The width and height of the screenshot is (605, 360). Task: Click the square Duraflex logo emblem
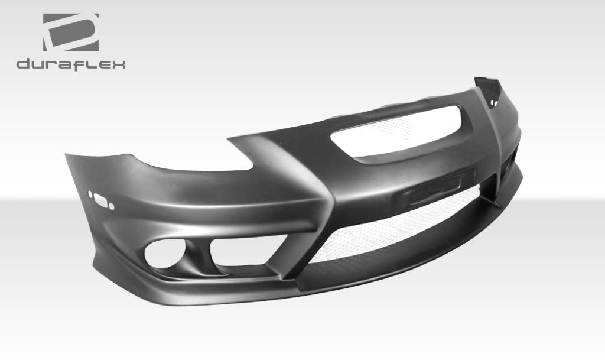[x=70, y=32]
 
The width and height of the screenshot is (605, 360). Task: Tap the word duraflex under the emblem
[x=70, y=64]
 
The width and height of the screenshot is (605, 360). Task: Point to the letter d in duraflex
[x=23, y=64]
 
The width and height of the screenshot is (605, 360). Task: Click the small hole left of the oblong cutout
[x=90, y=193]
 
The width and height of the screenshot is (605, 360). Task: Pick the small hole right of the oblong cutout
[x=112, y=206]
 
